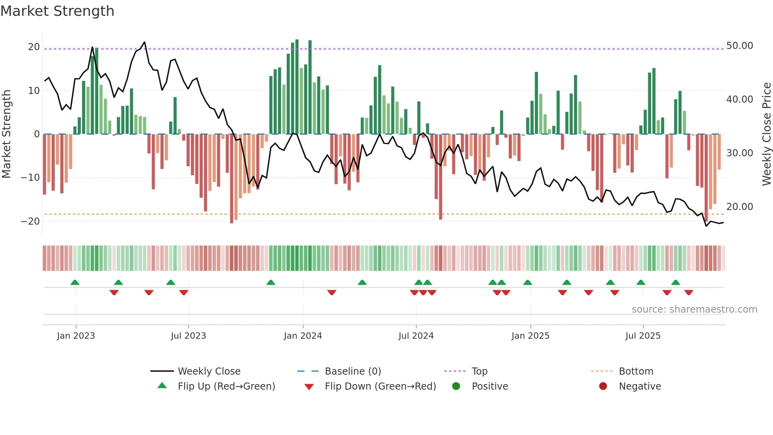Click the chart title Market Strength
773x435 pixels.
click(x=57, y=11)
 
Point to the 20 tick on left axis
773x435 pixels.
click(x=34, y=47)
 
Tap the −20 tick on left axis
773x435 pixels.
click(x=30, y=221)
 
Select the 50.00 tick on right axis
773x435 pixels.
click(x=739, y=46)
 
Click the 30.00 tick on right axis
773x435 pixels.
click(x=739, y=153)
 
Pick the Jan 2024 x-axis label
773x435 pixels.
click(x=302, y=336)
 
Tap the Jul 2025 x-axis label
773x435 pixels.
click(x=642, y=336)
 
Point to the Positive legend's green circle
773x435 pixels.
click(x=456, y=386)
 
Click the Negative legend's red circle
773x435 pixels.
click(x=603, y=386)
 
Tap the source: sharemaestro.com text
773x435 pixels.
click(x=694, y=309)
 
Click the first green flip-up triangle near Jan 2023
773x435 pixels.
click(x=75, y=283)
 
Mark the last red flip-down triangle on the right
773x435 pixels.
click(x=689, y=292)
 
